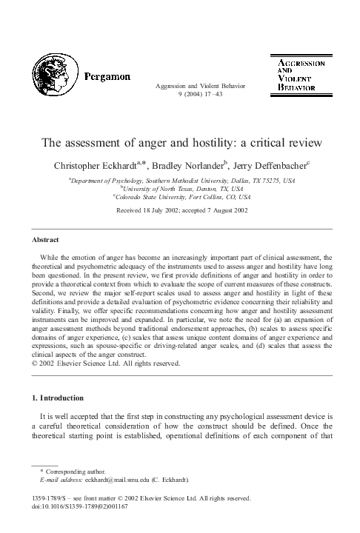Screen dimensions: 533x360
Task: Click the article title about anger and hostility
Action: coord(180,141)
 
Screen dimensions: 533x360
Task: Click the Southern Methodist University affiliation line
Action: coord(181,180)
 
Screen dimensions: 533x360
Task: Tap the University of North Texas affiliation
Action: coord(181,189)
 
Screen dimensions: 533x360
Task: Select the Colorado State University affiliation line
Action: coord(181,198)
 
